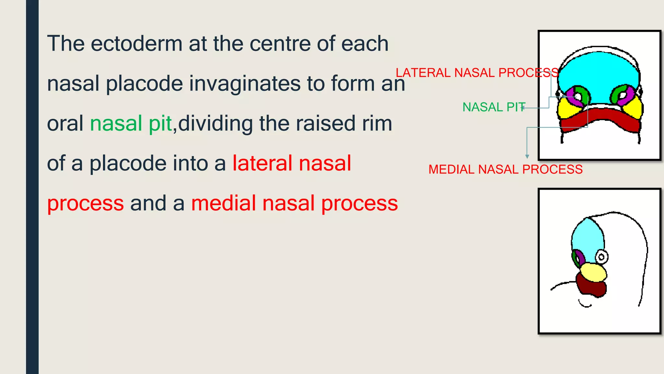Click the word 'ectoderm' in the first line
coord(136,44)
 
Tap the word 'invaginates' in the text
coord(245,83)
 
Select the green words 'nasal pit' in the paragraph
coord(131,124)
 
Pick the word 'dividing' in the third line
coord(215,124)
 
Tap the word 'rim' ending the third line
coord(377,124)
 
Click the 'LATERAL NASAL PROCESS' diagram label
coord(477,73)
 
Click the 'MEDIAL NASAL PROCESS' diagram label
coord(505,169)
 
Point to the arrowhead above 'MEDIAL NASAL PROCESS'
coord(527,156)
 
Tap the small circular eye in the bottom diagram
coord(602,257)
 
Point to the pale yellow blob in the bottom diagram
coord(593,272)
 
